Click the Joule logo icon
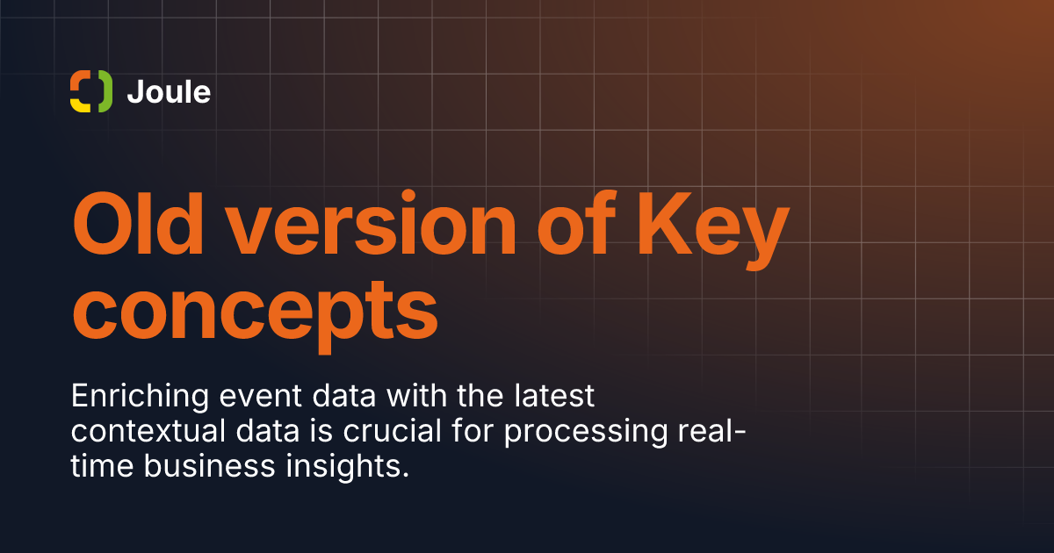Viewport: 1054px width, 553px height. (91, 91)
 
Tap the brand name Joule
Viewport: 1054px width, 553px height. (169, 91)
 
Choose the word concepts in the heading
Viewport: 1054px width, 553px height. (255, 311)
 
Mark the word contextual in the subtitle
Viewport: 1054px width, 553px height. (148, 433)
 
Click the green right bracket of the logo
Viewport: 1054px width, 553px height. (105, 90)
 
